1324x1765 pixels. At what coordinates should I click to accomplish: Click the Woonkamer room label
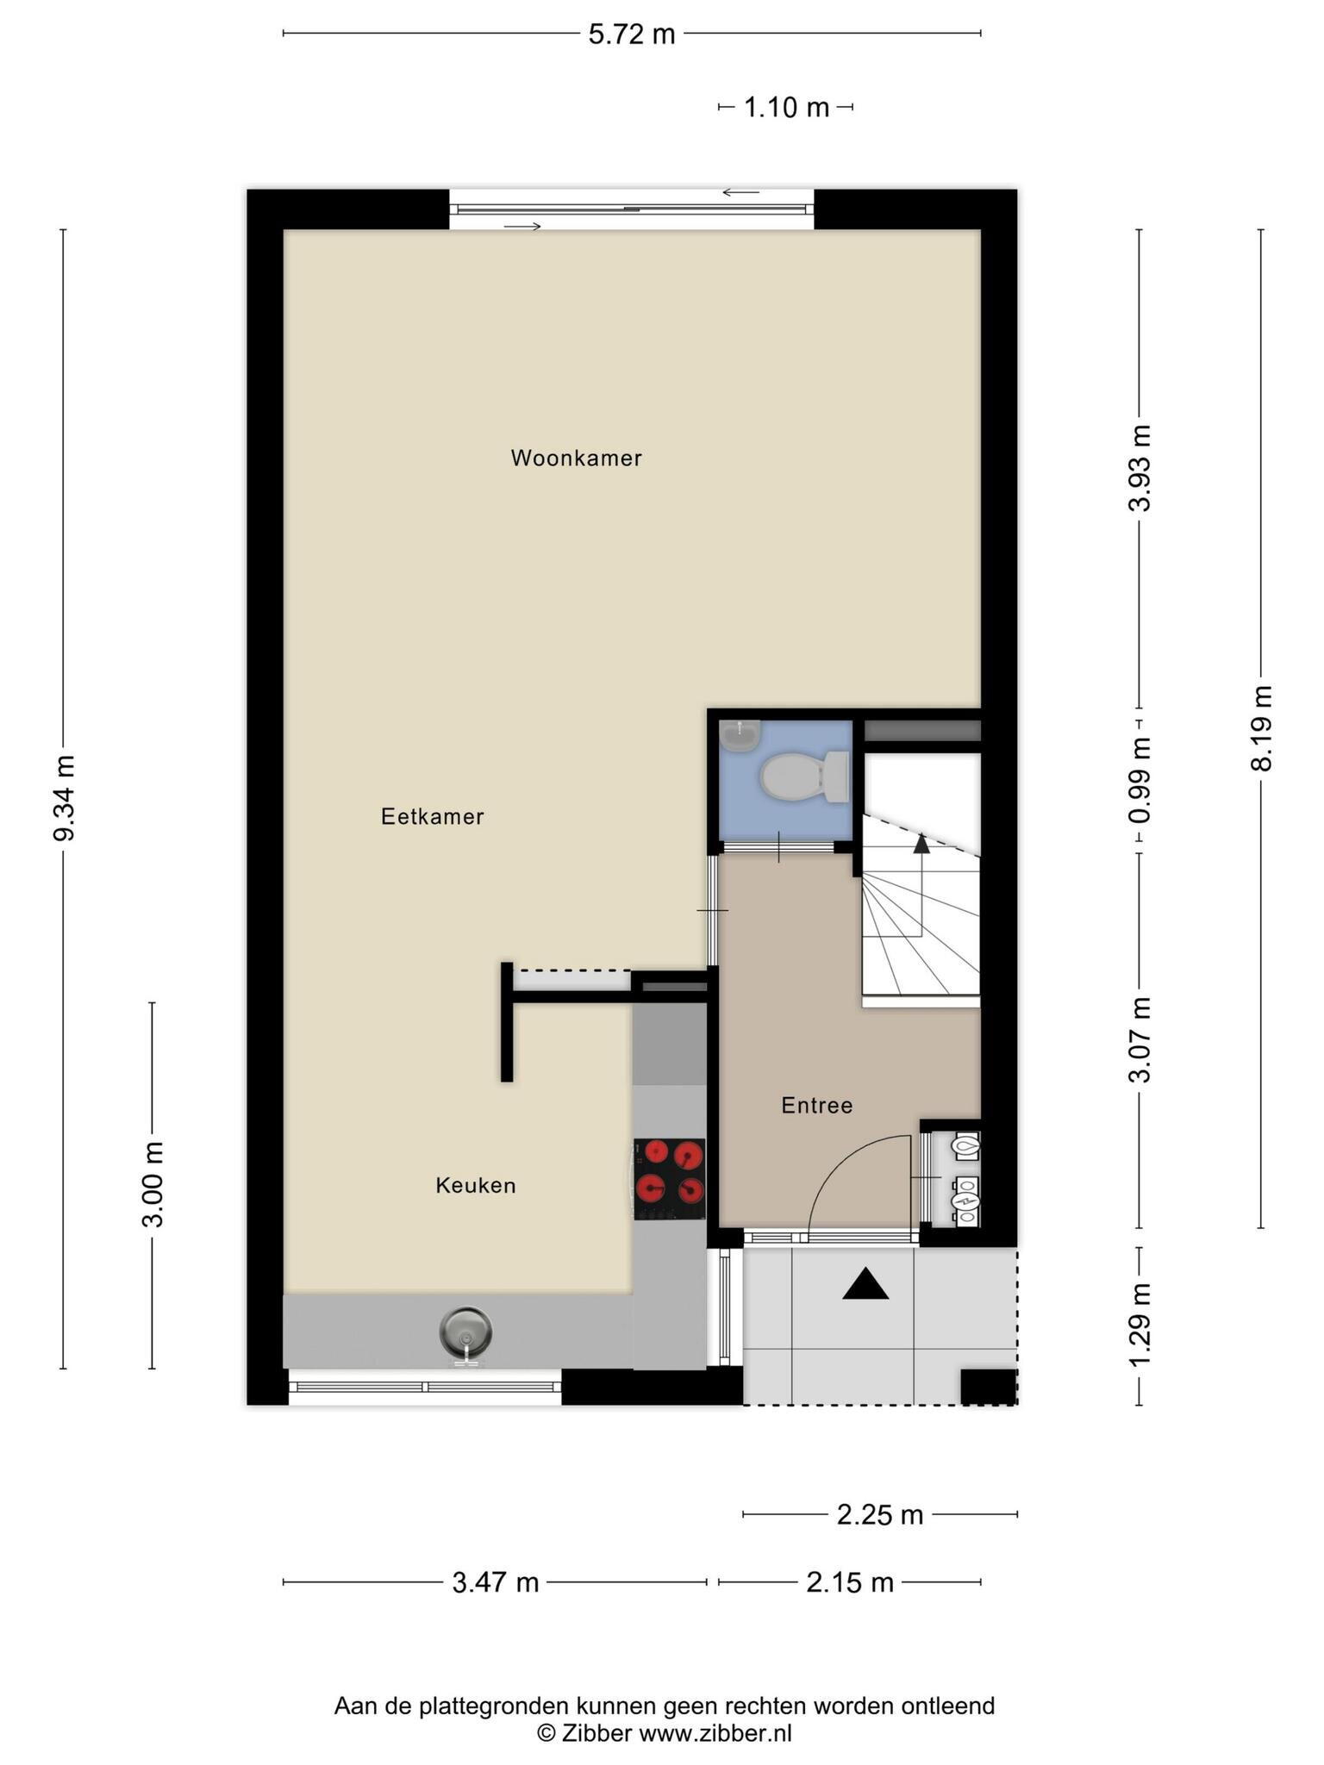(576, 458)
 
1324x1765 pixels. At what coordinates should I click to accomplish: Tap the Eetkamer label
(433, 816)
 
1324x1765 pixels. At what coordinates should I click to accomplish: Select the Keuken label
(476, 1185)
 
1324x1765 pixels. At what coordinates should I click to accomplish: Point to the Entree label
(817, 1105)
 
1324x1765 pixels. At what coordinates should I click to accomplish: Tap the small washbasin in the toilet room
(740, 735)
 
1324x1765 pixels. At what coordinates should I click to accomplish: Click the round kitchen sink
(465, 1332)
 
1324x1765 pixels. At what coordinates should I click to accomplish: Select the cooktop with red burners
(670, 1179)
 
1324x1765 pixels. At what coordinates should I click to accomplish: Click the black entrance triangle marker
(865, 1284)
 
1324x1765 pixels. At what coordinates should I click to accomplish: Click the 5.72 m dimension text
(632, 34)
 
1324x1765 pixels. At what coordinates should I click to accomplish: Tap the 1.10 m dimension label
(786, 108)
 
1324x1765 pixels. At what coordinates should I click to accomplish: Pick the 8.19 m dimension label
(1262, 728)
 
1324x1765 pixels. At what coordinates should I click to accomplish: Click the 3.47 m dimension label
(496, 1582)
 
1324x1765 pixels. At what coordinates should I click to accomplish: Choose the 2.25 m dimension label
(880, 1514)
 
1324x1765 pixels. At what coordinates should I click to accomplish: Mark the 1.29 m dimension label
(1140, 1325)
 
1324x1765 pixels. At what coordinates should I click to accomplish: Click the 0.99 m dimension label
(1140, 780)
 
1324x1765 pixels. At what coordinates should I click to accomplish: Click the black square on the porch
(989, 1387)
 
